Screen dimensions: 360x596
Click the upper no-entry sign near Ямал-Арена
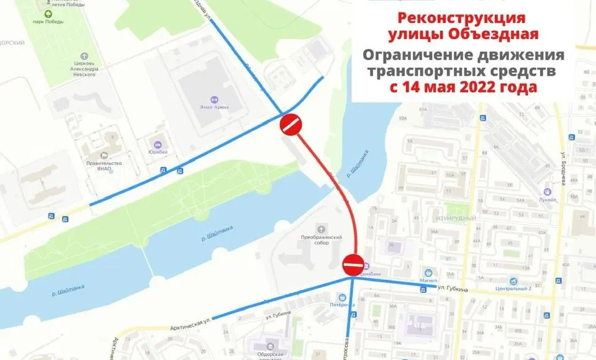(291, 124)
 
